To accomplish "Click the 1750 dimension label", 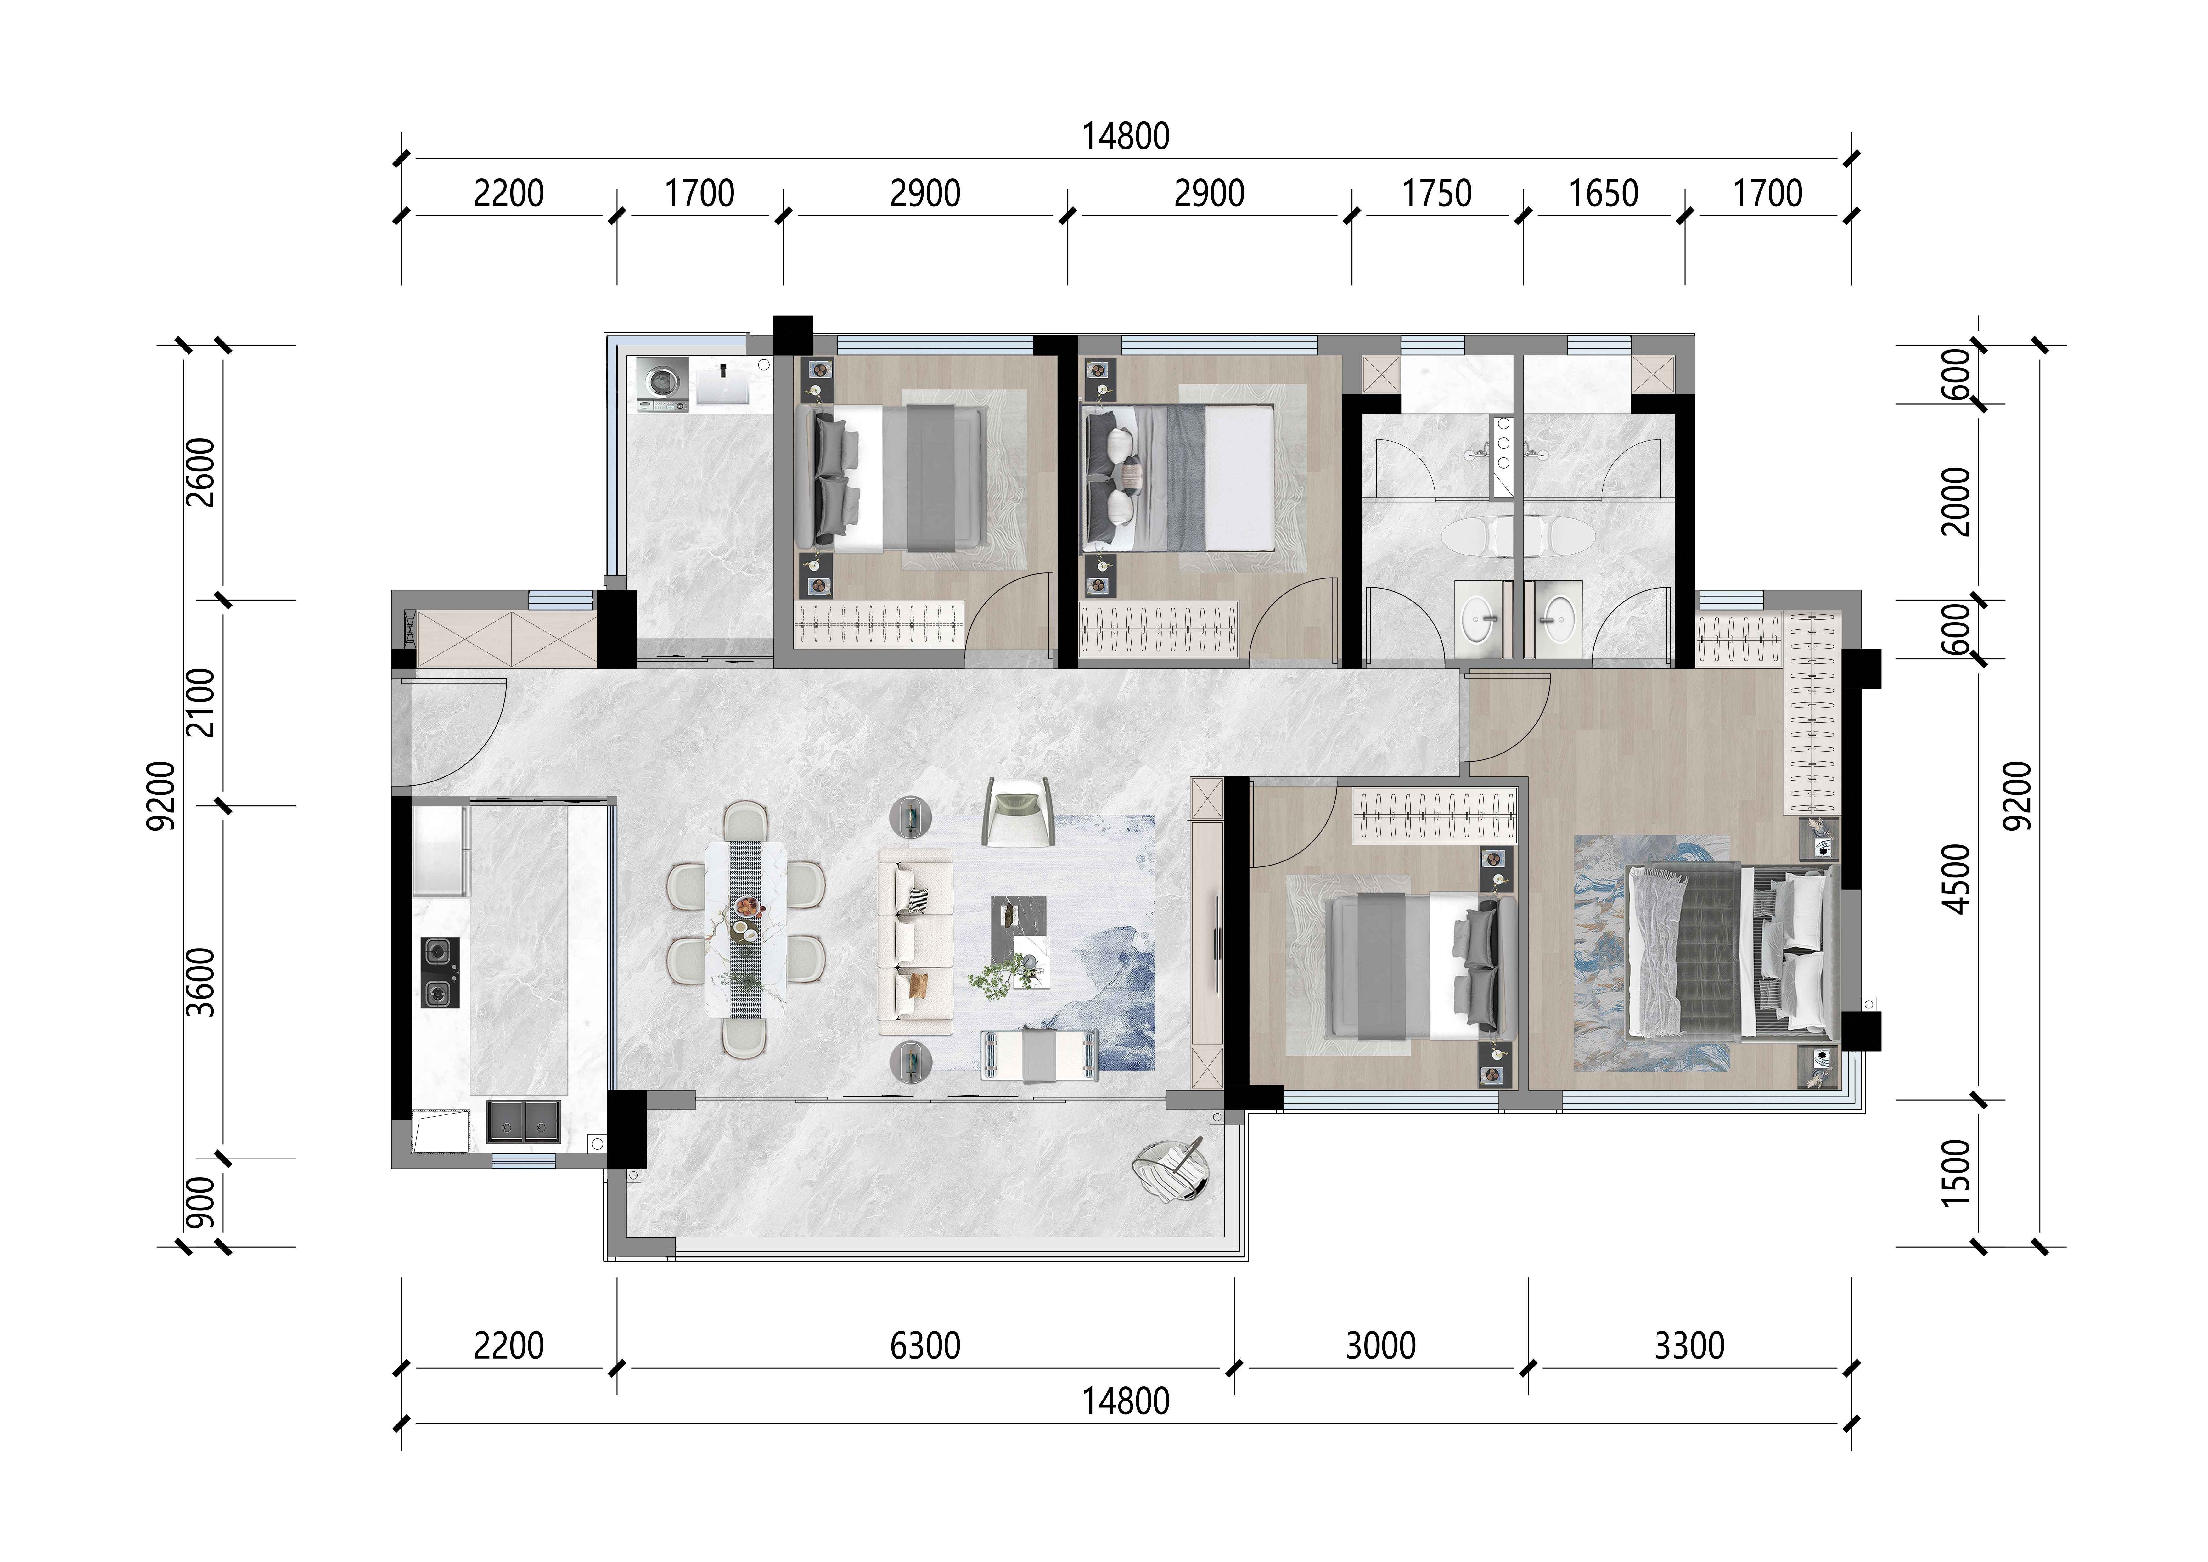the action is (x=1437, y=194).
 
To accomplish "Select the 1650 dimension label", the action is (x=1603, y=194).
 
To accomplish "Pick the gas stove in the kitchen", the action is (x=440, y=973).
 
